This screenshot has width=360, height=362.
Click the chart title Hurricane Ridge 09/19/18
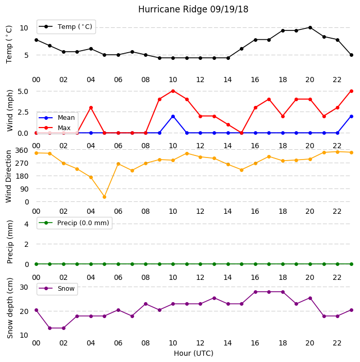click(193, 9)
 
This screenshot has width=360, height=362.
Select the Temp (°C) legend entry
click(66, 27)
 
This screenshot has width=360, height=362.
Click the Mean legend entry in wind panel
click(57, 118)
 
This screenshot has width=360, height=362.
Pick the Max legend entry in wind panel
click(55, 128)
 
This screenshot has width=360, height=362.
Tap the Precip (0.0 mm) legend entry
click(74, 223)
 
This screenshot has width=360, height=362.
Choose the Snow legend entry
click(57, 289)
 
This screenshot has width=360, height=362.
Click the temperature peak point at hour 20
click(310, 28)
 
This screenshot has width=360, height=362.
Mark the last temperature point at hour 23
click(351, 55)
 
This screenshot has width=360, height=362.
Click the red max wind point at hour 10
click(173, 91)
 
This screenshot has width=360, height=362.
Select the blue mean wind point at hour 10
click(173, 117)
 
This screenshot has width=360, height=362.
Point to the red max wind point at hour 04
click(91, 108)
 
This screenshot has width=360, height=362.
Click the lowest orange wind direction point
click(105, 197)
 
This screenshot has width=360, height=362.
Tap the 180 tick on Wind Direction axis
click(22, 176)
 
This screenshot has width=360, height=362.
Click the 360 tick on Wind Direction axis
click(22, 150)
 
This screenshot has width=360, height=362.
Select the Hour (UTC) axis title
click(193, 353)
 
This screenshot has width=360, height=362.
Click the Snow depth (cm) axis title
click(10, 308)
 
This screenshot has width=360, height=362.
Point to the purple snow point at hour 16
click(255, 292)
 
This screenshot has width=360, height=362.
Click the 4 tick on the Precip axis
click(27, 224)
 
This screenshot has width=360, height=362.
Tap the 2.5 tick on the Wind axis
click(23, 112)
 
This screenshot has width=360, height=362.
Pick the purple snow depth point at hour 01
click(50, 328)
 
